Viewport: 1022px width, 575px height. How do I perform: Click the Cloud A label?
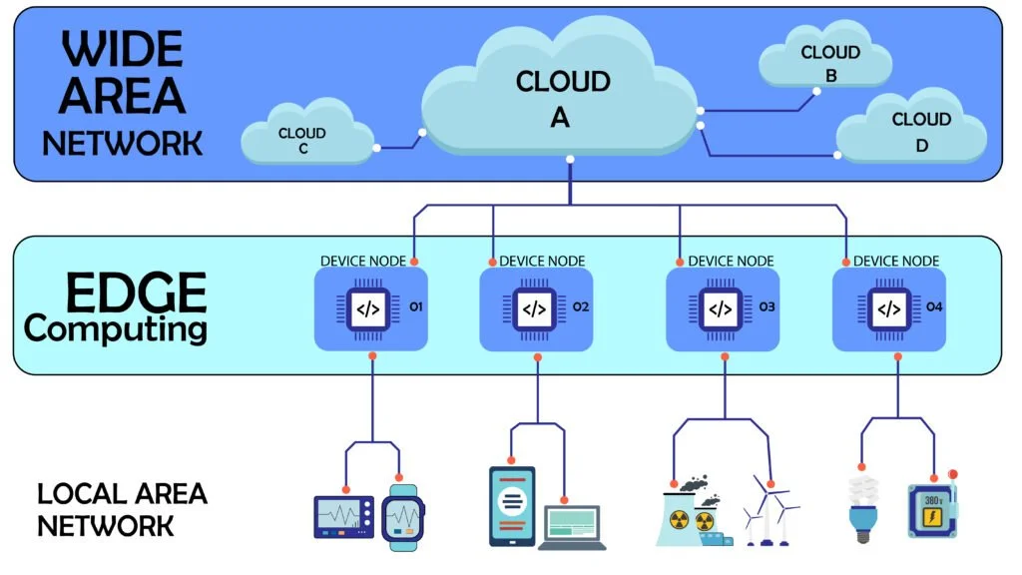click(x=562, y=98)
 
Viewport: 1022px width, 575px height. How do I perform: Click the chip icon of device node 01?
click(x=368, y=308)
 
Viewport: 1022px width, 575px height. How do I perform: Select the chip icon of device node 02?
click(x=534, y=308)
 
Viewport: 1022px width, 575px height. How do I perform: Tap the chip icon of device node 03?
click(x=720, y=308)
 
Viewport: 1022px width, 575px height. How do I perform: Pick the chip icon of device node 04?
click(x=886, y=308)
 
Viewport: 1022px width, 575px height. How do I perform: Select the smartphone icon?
click(x=511, y=506)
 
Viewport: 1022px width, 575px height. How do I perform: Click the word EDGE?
click(x=136, y=293)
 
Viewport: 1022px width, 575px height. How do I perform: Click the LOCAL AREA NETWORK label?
click(x=122, y=509)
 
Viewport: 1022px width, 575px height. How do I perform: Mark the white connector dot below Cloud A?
click(x=570, y=160)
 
